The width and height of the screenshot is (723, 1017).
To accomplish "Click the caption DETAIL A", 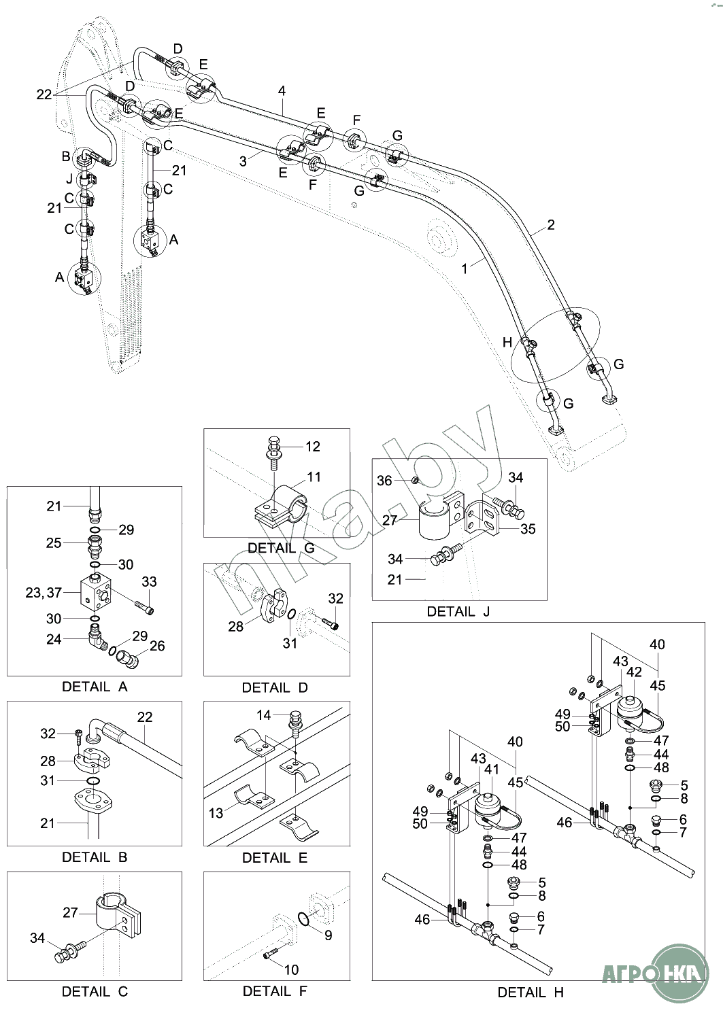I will coord(95,687).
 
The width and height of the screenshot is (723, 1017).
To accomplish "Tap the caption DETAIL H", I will coord(531,993).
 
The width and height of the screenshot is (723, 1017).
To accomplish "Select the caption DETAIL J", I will coord(458,611).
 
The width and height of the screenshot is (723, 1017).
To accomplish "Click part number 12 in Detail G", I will coord(313,447).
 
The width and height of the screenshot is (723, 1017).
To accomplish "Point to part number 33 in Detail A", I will coord(149,582).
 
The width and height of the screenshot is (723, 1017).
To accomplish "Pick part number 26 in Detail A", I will coord(157,646).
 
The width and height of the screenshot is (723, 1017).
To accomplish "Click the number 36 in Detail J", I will coord(384,481).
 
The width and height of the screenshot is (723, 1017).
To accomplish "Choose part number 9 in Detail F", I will coord(328,935).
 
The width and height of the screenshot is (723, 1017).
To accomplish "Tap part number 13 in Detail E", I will coord(216,813).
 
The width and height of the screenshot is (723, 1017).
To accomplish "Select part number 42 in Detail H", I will coord(634,672).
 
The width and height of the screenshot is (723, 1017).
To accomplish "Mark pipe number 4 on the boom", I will coord(282,90).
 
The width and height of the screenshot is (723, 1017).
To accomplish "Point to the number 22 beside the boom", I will coord(44,94).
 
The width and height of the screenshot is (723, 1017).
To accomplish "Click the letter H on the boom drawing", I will coord(507,343).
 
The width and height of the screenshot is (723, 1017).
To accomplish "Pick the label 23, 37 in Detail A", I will coord(44,593).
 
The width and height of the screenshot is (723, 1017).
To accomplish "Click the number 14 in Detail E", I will coord(263,714).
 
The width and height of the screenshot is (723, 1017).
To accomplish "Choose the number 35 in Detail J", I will coord(528,529).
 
